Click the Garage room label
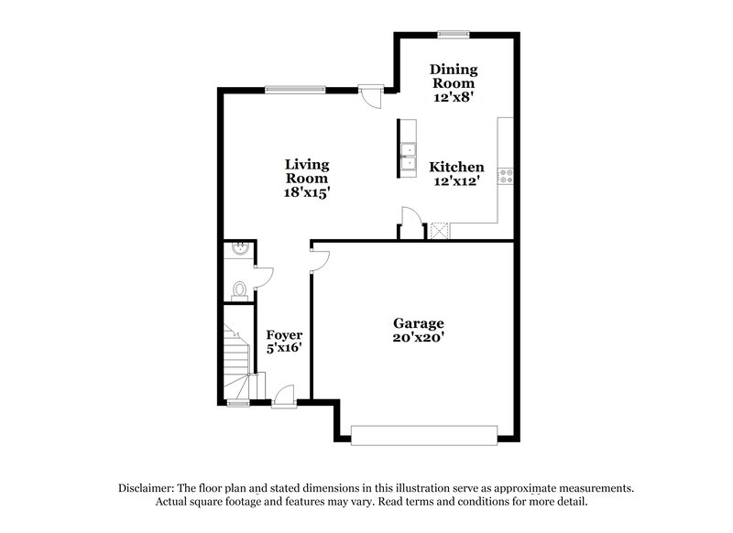419,323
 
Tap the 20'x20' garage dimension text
419,337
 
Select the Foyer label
284,334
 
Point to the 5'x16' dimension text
284,348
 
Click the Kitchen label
457,167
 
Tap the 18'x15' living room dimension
306,193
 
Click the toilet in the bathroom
239,289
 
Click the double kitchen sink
407,158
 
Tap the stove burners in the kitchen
505,174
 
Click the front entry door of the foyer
283,397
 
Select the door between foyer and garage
317,261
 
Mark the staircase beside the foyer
238,353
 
